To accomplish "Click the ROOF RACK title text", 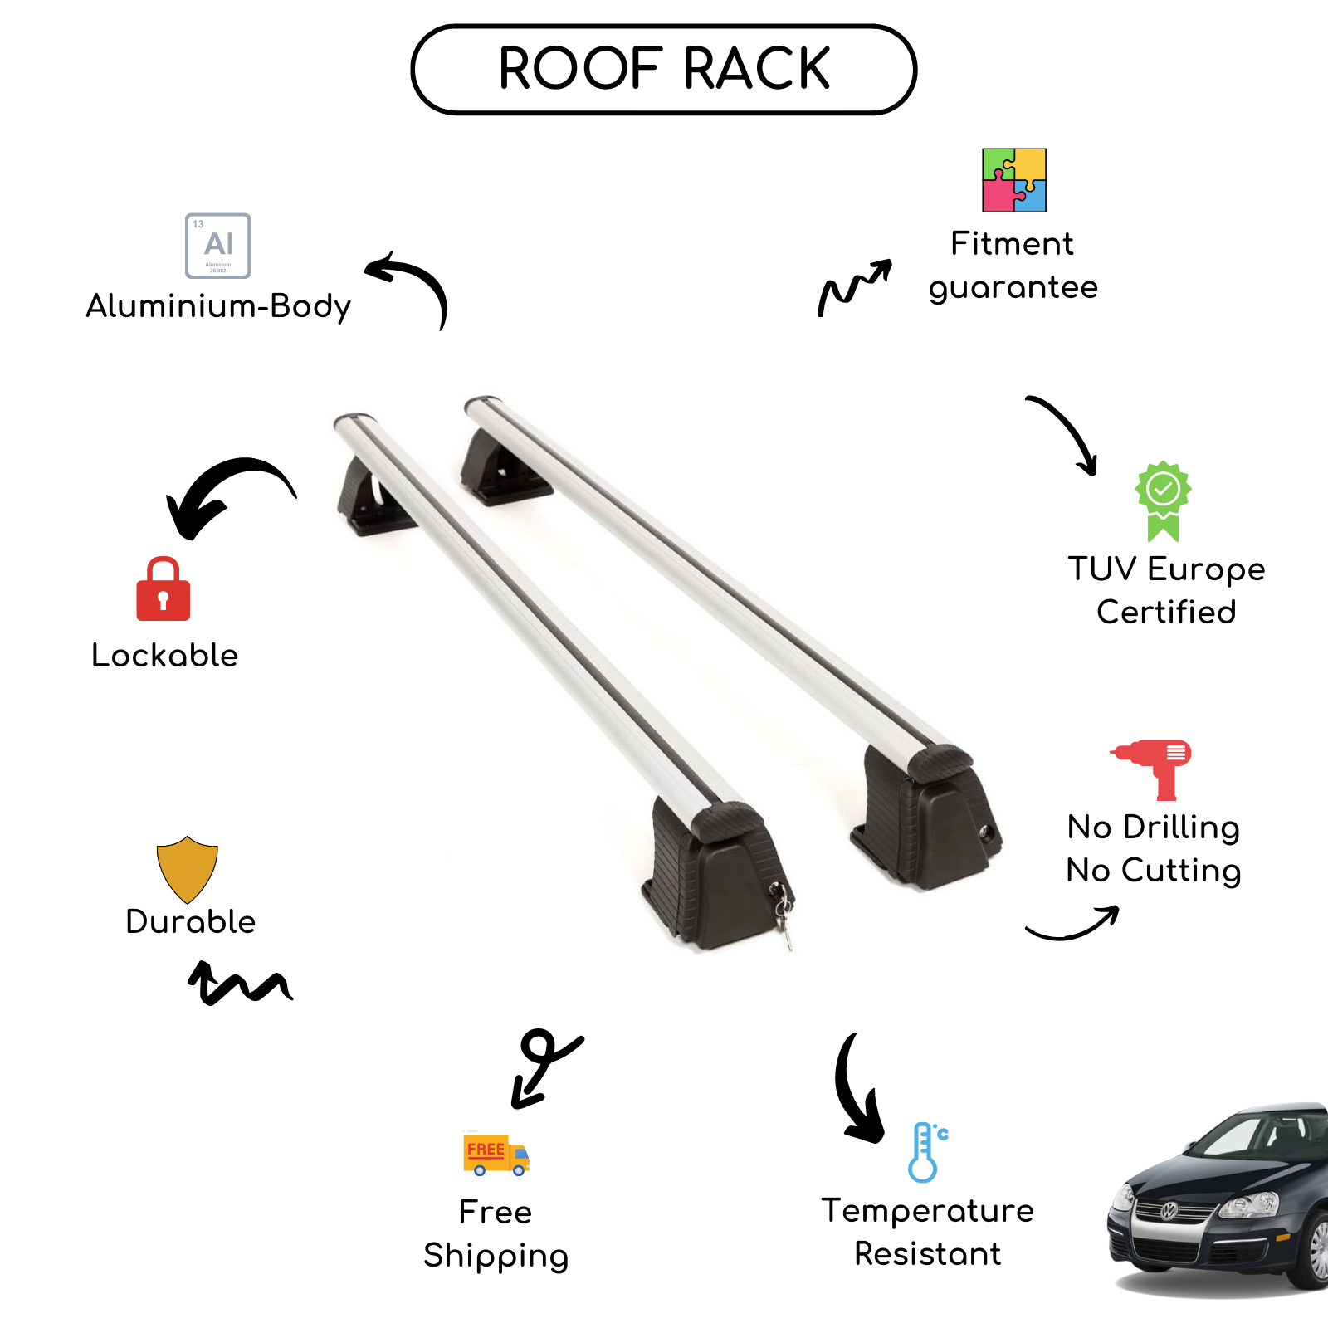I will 664,69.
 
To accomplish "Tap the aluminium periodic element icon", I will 218,246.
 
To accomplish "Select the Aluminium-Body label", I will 218,306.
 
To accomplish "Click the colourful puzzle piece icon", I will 1013,180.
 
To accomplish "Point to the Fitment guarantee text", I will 1013,266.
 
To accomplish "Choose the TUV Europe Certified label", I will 1166,590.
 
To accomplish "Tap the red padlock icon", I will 164,590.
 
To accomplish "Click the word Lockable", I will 164,656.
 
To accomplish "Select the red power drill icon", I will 1154,768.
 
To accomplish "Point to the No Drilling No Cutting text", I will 1154,849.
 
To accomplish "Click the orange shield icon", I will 188,868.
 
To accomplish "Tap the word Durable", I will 191,922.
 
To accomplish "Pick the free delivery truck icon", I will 496,1155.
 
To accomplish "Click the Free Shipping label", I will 496,1234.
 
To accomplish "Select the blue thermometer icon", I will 925,1152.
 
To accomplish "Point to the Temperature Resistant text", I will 928,1233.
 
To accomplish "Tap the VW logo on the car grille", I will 1169,1211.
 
